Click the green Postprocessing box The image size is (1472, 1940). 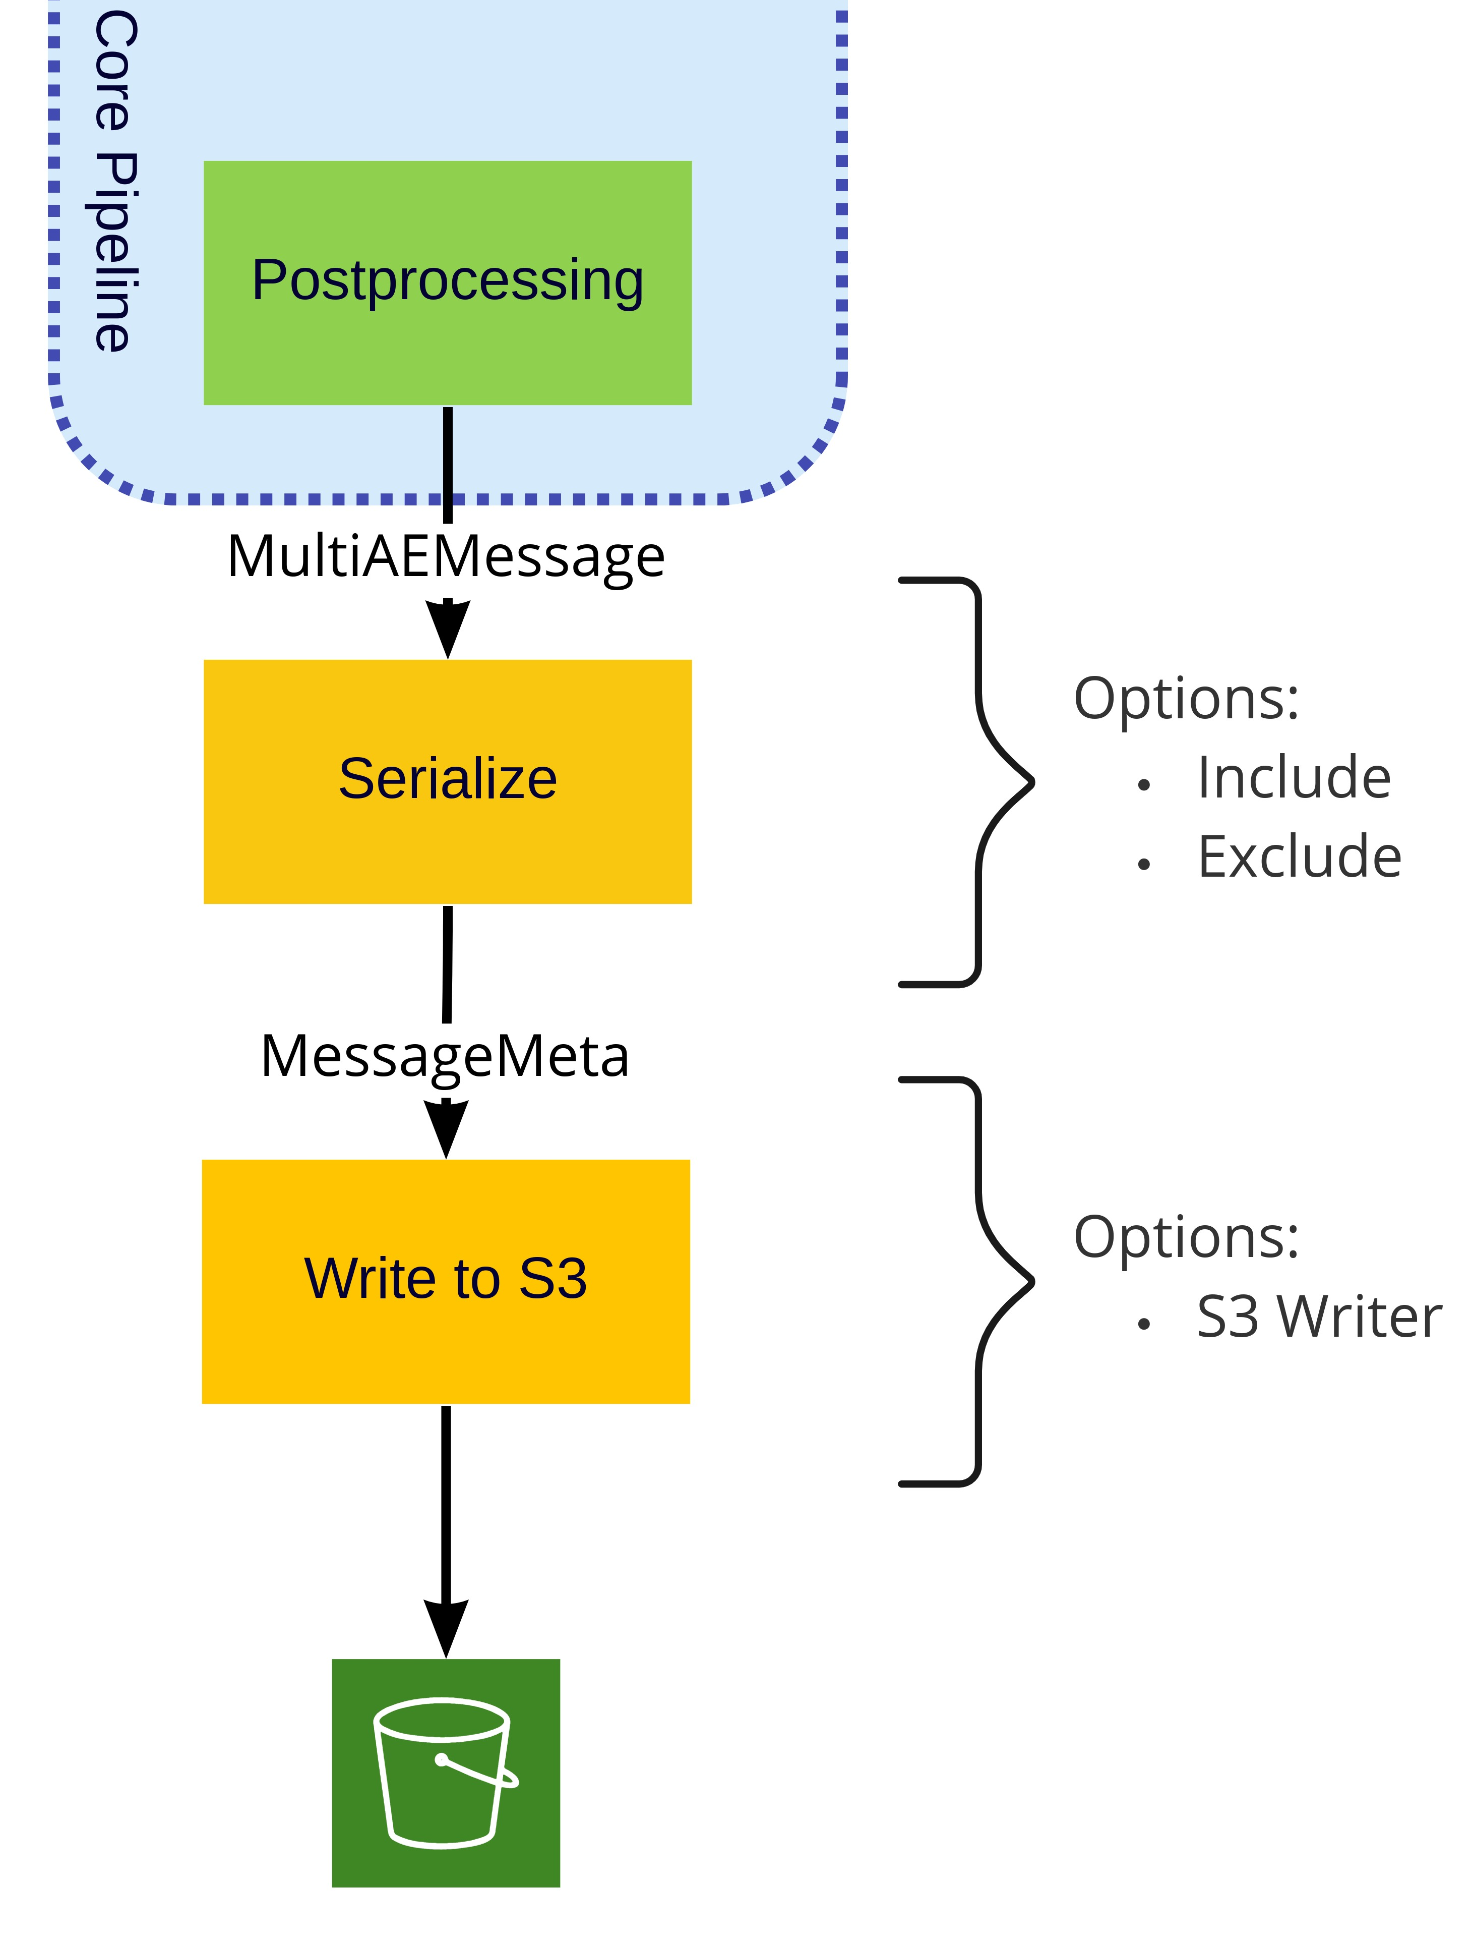coord(447,282)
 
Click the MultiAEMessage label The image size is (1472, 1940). coord(445,556)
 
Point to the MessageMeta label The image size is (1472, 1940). coord(445,1056)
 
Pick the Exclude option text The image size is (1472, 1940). coord(1299,857)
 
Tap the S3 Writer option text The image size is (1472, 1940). coord(1319,1318)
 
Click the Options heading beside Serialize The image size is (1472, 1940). coord(1186,699)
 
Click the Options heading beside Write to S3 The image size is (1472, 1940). coord(1186,1237)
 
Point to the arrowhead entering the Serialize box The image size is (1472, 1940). coord(447,629)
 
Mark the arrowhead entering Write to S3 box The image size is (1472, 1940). coord(445,1129)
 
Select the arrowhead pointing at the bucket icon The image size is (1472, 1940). coord(445,1628)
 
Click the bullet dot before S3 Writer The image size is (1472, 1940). coord(1143,1324)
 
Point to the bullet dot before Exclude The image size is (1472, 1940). coord(1143,865)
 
